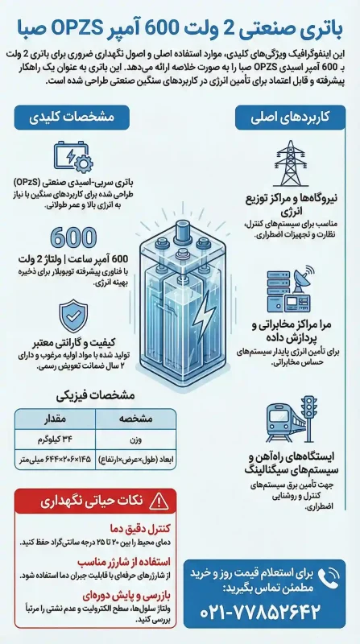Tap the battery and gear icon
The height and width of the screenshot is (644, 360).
tap(72, 158)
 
